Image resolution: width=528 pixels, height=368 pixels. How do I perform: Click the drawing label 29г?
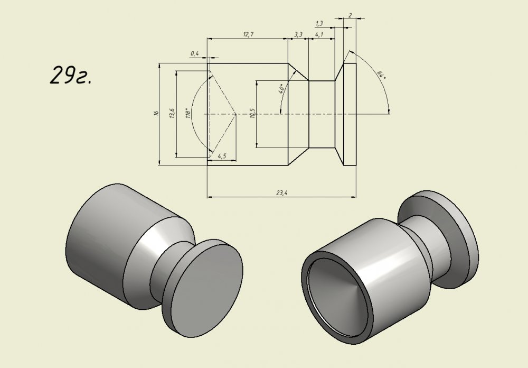coord(71,75)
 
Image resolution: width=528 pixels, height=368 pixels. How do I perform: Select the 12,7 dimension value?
coord(248,34)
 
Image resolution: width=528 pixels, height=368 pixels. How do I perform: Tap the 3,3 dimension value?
coord(298,34)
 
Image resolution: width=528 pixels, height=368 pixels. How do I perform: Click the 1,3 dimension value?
coord(319,23)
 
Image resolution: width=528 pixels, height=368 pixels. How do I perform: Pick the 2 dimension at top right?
coord(350,15)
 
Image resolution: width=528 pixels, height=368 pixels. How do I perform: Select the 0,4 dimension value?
coord(195,53)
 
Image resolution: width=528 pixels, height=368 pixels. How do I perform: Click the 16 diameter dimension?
coord(156,114)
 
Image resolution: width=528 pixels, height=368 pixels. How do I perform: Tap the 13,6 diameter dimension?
coord(172,113)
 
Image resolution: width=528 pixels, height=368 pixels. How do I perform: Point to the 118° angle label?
coord(188,113)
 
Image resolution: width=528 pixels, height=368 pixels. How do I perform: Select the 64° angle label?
coord(381,75)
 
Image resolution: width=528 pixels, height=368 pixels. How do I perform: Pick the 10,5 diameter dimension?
coord(252,113)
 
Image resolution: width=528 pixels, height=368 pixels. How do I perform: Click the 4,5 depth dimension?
coord(222,156)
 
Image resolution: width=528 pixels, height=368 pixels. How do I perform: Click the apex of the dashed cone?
coord(236,114)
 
